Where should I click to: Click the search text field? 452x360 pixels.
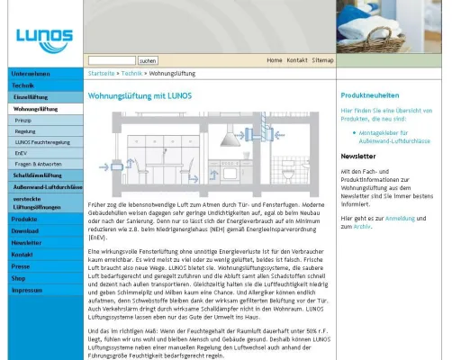(112, 59)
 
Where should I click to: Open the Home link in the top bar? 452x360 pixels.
(274, 59)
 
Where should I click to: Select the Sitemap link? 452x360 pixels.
(322, 59)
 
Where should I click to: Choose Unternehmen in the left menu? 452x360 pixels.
(31, 74)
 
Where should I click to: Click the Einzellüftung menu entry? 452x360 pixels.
(31, 96)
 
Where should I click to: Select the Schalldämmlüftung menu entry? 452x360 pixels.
(36, 175)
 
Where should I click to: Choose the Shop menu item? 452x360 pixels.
(19, 278)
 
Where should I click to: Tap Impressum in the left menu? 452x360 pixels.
(27, 290)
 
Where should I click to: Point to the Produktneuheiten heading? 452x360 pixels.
(370, 95)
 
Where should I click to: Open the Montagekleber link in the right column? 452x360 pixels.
(387, 135)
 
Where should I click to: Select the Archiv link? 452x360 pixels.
(362, 227)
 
